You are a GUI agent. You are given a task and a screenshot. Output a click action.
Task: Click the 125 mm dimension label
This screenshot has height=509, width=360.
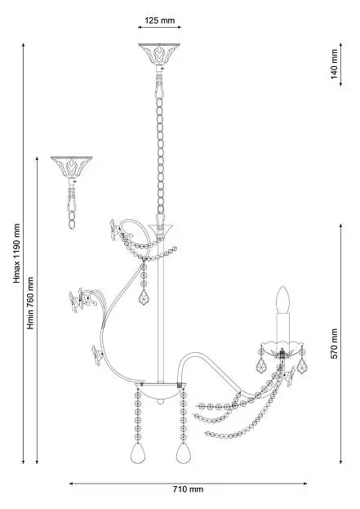point(159,20)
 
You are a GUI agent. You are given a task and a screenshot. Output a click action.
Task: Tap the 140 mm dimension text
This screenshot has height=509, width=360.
point(334,64)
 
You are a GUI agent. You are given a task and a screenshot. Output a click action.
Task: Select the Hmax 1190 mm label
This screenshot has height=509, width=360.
point(16,253)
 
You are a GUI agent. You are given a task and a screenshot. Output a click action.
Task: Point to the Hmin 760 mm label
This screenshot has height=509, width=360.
point(30,303)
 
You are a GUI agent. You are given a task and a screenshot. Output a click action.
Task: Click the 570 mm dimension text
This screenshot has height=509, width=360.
point(334,343)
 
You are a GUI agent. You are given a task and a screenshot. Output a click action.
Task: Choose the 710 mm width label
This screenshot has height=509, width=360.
point(188,489)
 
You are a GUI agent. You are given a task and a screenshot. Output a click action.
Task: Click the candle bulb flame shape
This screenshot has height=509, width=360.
point(283,300)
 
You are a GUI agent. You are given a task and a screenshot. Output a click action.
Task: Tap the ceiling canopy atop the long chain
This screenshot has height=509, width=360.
point(159,54)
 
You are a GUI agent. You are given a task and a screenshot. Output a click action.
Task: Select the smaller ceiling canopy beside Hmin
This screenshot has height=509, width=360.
point(71,167)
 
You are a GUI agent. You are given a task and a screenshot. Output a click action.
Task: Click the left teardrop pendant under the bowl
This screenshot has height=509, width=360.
point(138,453)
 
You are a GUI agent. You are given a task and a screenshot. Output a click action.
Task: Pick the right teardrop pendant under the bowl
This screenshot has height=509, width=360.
point(184,453)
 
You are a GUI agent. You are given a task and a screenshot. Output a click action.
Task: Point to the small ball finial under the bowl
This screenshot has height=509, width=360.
point(159,401)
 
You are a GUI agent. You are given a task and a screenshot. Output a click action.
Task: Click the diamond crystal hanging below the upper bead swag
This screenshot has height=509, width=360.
point(144,297)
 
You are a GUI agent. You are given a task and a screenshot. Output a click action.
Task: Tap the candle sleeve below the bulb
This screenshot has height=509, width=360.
point(283,328)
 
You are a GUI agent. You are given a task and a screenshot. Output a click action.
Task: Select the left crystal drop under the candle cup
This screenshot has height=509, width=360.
point(261,366)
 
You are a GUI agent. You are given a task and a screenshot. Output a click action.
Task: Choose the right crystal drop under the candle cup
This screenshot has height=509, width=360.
point(302,366)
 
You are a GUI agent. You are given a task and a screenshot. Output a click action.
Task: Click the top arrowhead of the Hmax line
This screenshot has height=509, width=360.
point(24,45)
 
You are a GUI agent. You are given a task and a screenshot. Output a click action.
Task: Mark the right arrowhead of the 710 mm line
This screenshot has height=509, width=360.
point(304,484)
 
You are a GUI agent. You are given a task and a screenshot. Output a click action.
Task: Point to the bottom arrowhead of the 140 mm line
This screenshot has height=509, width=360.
point(341,84)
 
